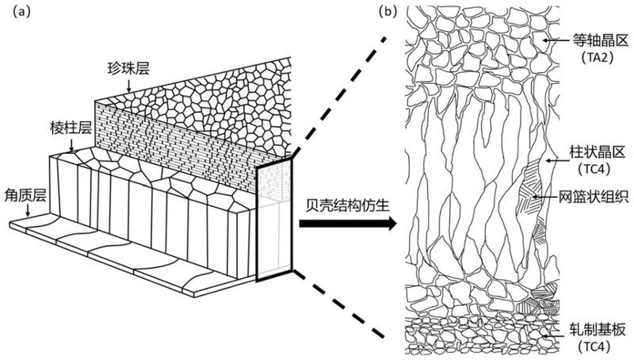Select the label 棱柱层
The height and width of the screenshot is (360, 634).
(65, 128)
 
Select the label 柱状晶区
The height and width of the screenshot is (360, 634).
(591, 148)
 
